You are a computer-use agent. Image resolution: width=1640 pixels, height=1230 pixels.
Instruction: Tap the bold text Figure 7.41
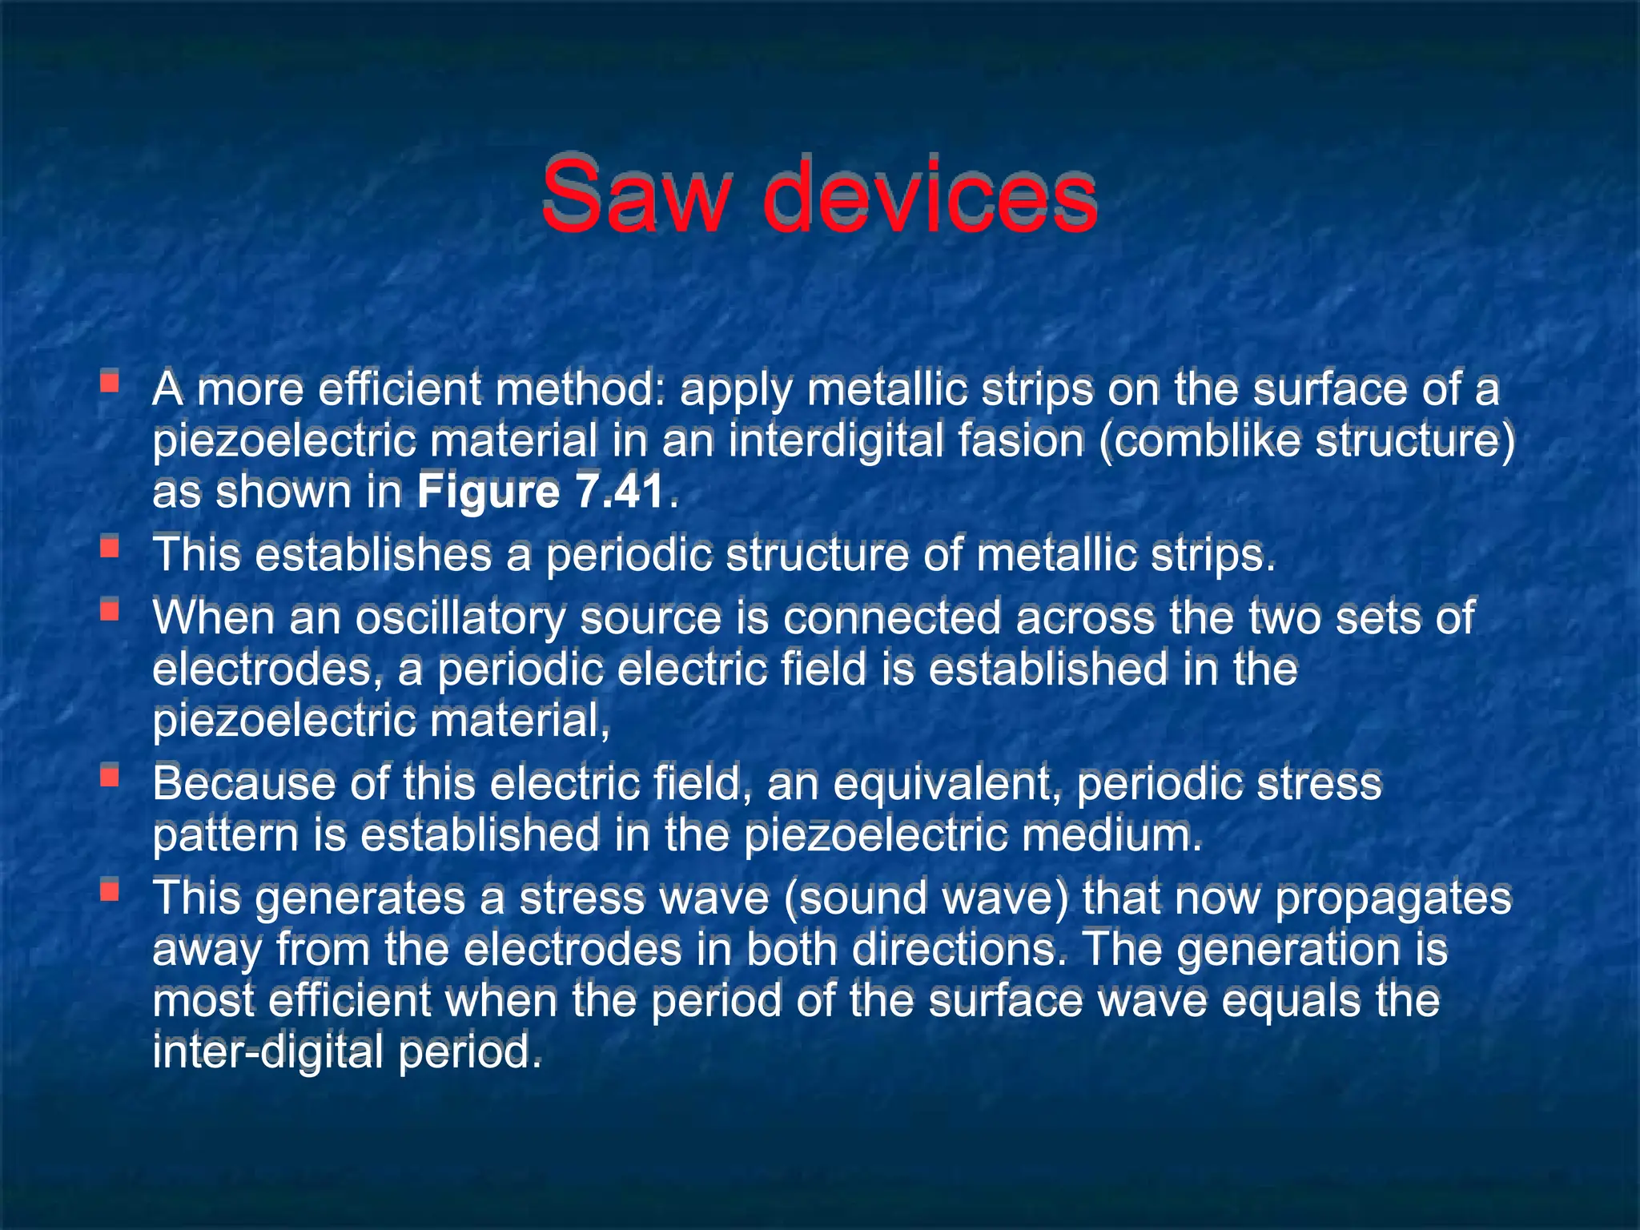point(541,491)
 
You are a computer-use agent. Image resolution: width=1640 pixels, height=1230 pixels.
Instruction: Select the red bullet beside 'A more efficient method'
point(110,381)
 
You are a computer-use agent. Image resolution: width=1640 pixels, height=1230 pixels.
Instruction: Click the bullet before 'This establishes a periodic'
point(110,548)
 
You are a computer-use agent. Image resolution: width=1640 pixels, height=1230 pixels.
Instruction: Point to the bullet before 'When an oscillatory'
point(110,611)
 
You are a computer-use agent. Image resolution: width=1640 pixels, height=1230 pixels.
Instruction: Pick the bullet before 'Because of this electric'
point(110,776)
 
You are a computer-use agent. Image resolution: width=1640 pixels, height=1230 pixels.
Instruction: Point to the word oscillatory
point(460,619)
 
